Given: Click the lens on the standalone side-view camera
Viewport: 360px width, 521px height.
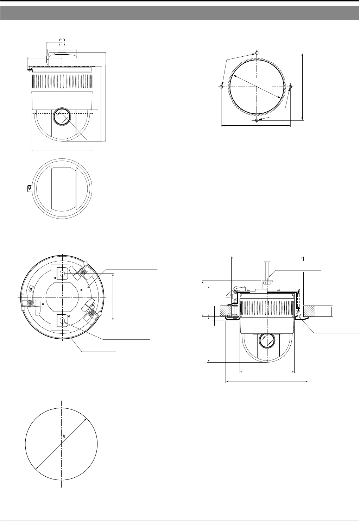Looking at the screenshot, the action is tap(62, 116).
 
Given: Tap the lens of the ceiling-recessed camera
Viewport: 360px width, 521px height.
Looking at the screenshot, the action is tap(267, 341).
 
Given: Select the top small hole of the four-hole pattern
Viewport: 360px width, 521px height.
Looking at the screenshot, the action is tap(257, 53).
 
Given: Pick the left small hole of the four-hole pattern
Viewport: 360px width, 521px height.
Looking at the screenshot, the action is tap(221, 87).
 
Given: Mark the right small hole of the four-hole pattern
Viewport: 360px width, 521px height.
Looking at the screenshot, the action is tap(290, 87).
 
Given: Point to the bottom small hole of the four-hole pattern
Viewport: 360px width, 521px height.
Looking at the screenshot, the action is tap(257, 120).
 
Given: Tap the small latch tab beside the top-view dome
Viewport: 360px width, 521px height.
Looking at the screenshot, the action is tap(29, 188).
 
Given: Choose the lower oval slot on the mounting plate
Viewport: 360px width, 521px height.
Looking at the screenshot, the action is tap(62, 321).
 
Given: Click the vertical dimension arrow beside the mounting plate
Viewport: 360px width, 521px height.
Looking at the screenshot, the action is tap(113, 297).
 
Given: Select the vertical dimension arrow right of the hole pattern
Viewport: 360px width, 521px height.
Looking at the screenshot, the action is tap(303, 87).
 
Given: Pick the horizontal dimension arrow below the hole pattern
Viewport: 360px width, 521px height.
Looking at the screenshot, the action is tap(256, 125).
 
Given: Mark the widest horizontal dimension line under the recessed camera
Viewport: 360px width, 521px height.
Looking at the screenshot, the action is tap(267, 381).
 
